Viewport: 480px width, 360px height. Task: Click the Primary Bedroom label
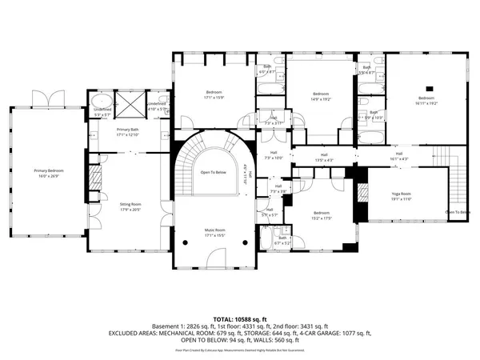[x=48, y=170]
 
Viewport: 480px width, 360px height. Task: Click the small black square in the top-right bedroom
[x=428, y=87]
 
